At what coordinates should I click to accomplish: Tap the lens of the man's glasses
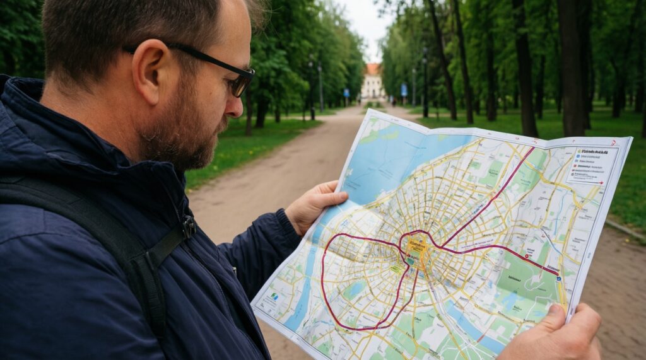click(x=240, y=84)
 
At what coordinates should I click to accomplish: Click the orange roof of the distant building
click(x=372, y=68)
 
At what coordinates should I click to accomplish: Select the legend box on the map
click(x=592, y=166)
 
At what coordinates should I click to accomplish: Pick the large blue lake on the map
click(x=397, y=158)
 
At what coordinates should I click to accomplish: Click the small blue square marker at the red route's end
click(x=558, y=276)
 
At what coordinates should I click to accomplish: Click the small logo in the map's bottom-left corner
click(x=274, y=296)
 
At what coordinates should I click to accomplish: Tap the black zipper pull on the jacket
click(x=188, y=226)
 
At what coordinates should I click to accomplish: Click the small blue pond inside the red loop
click(x=355, y=289)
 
